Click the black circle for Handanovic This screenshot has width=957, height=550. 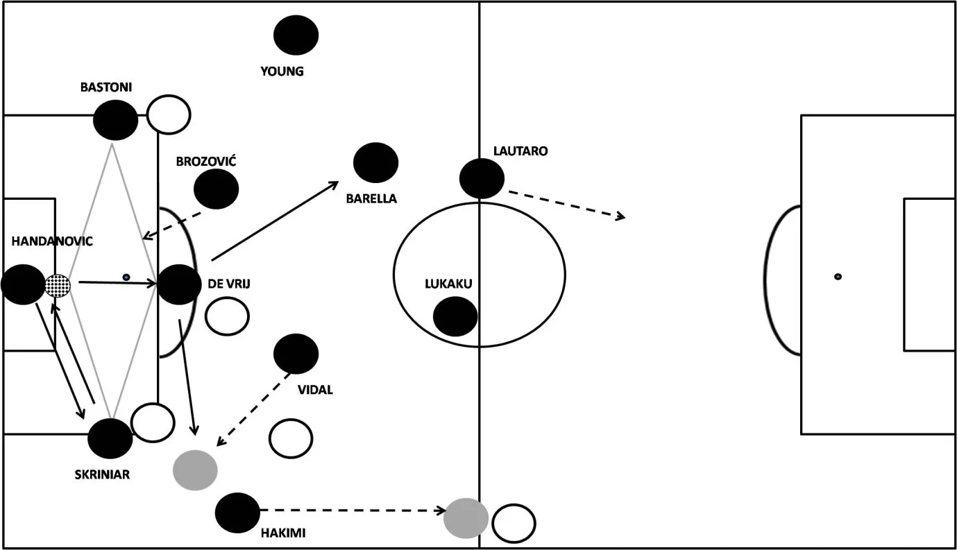pyautogui.click(x=23, y=284)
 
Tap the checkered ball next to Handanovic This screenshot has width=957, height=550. pyautogui.click(x=58, y=285)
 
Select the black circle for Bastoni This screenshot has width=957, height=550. pyautogui.click(x=116, y=120)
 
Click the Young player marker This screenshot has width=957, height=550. pyautogui.click(x=296, y=35)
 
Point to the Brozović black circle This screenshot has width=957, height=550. pyautogui.click(x=216, y=189)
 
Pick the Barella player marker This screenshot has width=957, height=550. pyautogui.click(x=375, y=162)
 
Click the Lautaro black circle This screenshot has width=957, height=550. pyautogui.click(x=482, y=178)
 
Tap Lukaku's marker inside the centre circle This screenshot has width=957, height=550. pyautogui.click(x=455, y=316)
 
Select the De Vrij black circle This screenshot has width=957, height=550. pyautogui.click(x=179, y=284)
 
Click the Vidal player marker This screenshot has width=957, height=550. pyautogui.click(x=296, y=354)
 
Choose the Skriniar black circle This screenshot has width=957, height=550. pyautogui.click(x=110, y=438)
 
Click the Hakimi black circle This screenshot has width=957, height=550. pyautogui.click(x=237, y=513)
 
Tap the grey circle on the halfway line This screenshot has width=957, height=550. pyautogui.click(x=466, y=518)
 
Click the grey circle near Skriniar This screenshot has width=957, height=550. pyautogui.click(x=195, y=470)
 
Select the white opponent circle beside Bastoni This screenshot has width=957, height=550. pyautogui.click(x=169, y=114)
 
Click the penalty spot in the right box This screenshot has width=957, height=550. pyautogui.click(x=838, y=277)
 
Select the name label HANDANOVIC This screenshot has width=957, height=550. pyautogui.click(x=52, y=241)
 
